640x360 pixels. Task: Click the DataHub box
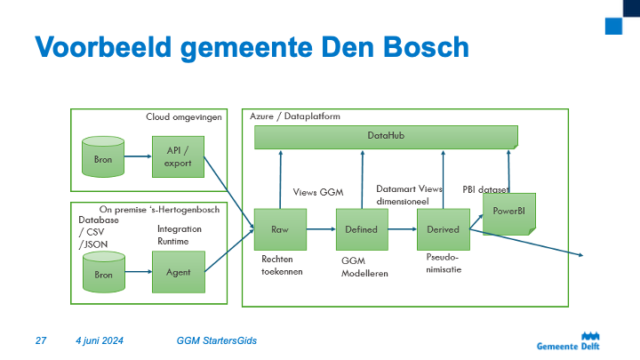pos(386,136)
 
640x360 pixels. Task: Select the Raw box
pos(279,229)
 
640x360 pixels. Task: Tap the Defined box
pos(361,229)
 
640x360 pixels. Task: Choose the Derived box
pos(443,229)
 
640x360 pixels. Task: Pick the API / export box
pos(178,156)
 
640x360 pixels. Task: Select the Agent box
pos(178,274)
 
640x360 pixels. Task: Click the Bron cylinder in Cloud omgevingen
pos(103,157)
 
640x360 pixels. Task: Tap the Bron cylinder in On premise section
pos(103,273)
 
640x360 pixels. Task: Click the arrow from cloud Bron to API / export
pos(138,157)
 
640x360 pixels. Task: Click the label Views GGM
pos(317,191)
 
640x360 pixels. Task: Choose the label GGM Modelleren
pos(364,268)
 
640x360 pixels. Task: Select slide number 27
pos(40,340)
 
